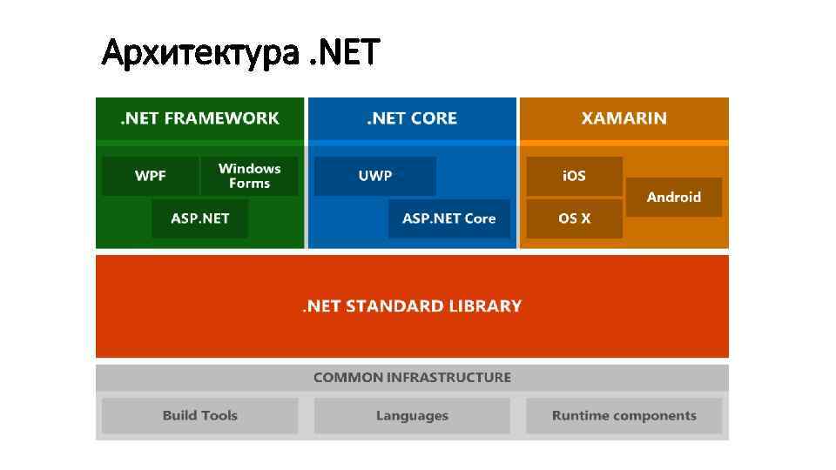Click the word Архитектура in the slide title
[x=201, y=54]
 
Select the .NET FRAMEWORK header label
[x=199, y=118]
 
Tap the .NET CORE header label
[x=412, y=118]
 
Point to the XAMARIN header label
[x=624, y=118]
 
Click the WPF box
[x=150, y=176]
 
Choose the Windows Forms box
[x=249, y=176]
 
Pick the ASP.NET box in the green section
[x=199, y=218]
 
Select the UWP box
[x=375, y=176]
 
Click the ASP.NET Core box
[x=448, y=218]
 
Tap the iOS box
[x=574, y=176]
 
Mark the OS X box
[x=574, y=218]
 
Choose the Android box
[x=673, y=198]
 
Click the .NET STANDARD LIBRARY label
[x=412, y=306]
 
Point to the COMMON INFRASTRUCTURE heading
[x=412, y=378]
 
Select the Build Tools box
[x=199, y=416]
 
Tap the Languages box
[x=412, y=416]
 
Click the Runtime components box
[x=624, y=416]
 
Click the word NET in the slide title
[x=351, y=54]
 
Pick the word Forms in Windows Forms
[x=249, y=184]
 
